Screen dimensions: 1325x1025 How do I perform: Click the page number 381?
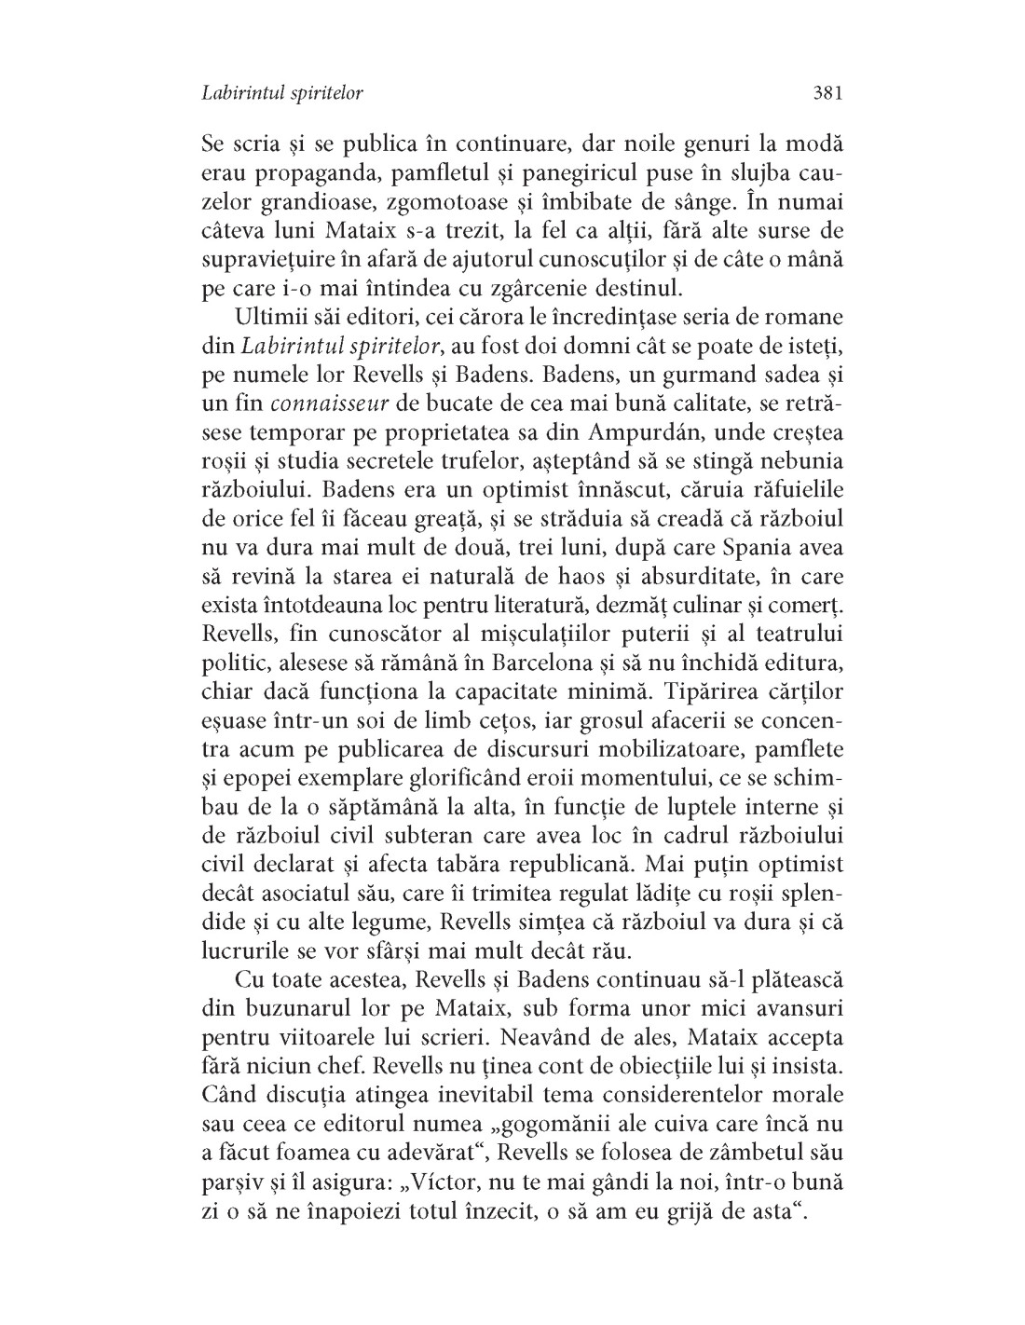pyautogui.click(x=827, y=93)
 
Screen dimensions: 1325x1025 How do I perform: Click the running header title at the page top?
pyautogui.click(x=281, y=93)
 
